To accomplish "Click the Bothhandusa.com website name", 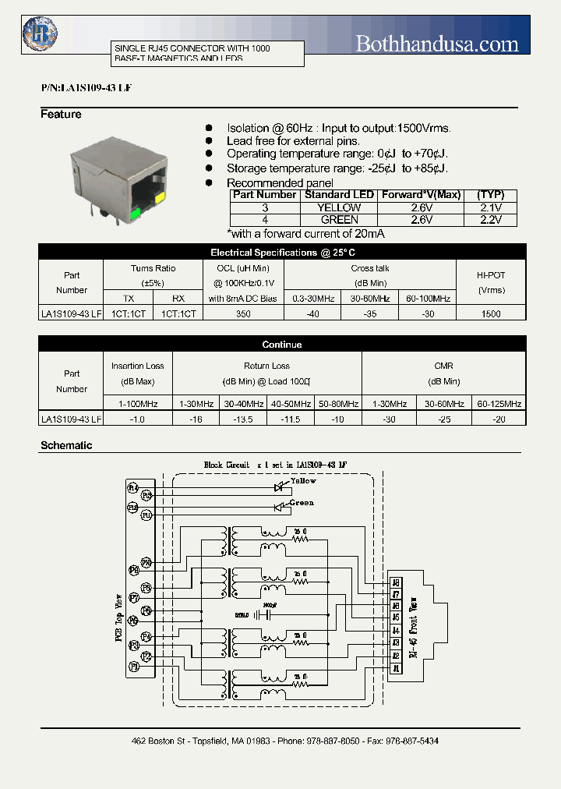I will click(x=436, y=44).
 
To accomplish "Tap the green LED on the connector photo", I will click(x=135, y=211).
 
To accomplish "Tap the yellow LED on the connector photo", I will click(x=160, y=198).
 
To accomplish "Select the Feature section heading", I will click(x=61, y=115).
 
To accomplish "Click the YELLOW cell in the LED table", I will click(x=339, y=207).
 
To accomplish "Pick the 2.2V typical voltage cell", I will click(x=491, y=220).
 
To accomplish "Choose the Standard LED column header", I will click(x=339, y=195).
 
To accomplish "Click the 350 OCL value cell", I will click(x=242, y=313).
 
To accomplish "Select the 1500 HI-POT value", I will click(x=491, y=313).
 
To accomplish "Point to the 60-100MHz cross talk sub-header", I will click(x=428, y=299).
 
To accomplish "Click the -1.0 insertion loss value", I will click(x=136, y=419).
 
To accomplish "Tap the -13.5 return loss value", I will click(x=243, y=419).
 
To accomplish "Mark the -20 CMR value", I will click(x=499, y=419).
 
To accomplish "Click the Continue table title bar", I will click(x=281, y=344).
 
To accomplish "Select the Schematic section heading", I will click(x=66, y=446).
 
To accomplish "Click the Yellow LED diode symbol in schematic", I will click(x=277, y=486).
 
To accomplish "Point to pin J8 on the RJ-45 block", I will click(x=396, y=581).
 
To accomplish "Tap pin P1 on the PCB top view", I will click(x=133, y=667).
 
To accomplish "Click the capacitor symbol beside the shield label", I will click(x=266, y=614).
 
